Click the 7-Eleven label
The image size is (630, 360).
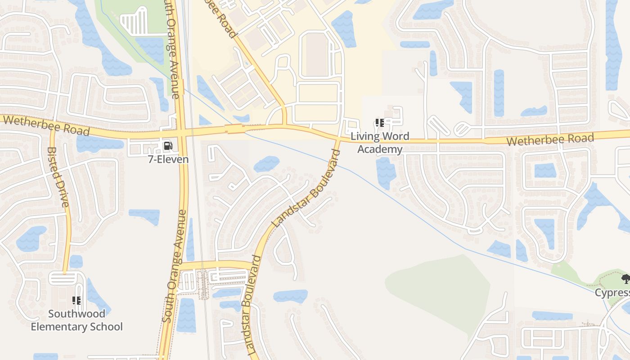pyautogui.click(x=168, y=159)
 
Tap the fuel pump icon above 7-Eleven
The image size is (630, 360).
pyautogui.click(x=168, y=145)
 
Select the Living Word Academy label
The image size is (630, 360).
pyautogui.click(x=380, y=143)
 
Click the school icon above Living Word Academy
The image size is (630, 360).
pyautogui.click(x=379, y=122)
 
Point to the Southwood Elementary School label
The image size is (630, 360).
pyautogui.click(x=76, y=320)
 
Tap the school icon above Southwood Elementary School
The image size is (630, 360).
pyautogui.click(x=76, y=300)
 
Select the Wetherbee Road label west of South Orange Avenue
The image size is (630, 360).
pyautogui.click(x=46, y=125)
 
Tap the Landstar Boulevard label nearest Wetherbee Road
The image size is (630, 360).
pyautogui.click(x=307, y=188)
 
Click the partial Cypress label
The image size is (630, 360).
pyautogui.click(x=612, y=293)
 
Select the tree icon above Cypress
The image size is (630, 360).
pyautogui.click(x=625, y=279)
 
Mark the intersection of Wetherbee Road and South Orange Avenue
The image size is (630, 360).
pyautogui.click(x=181, y=133)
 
